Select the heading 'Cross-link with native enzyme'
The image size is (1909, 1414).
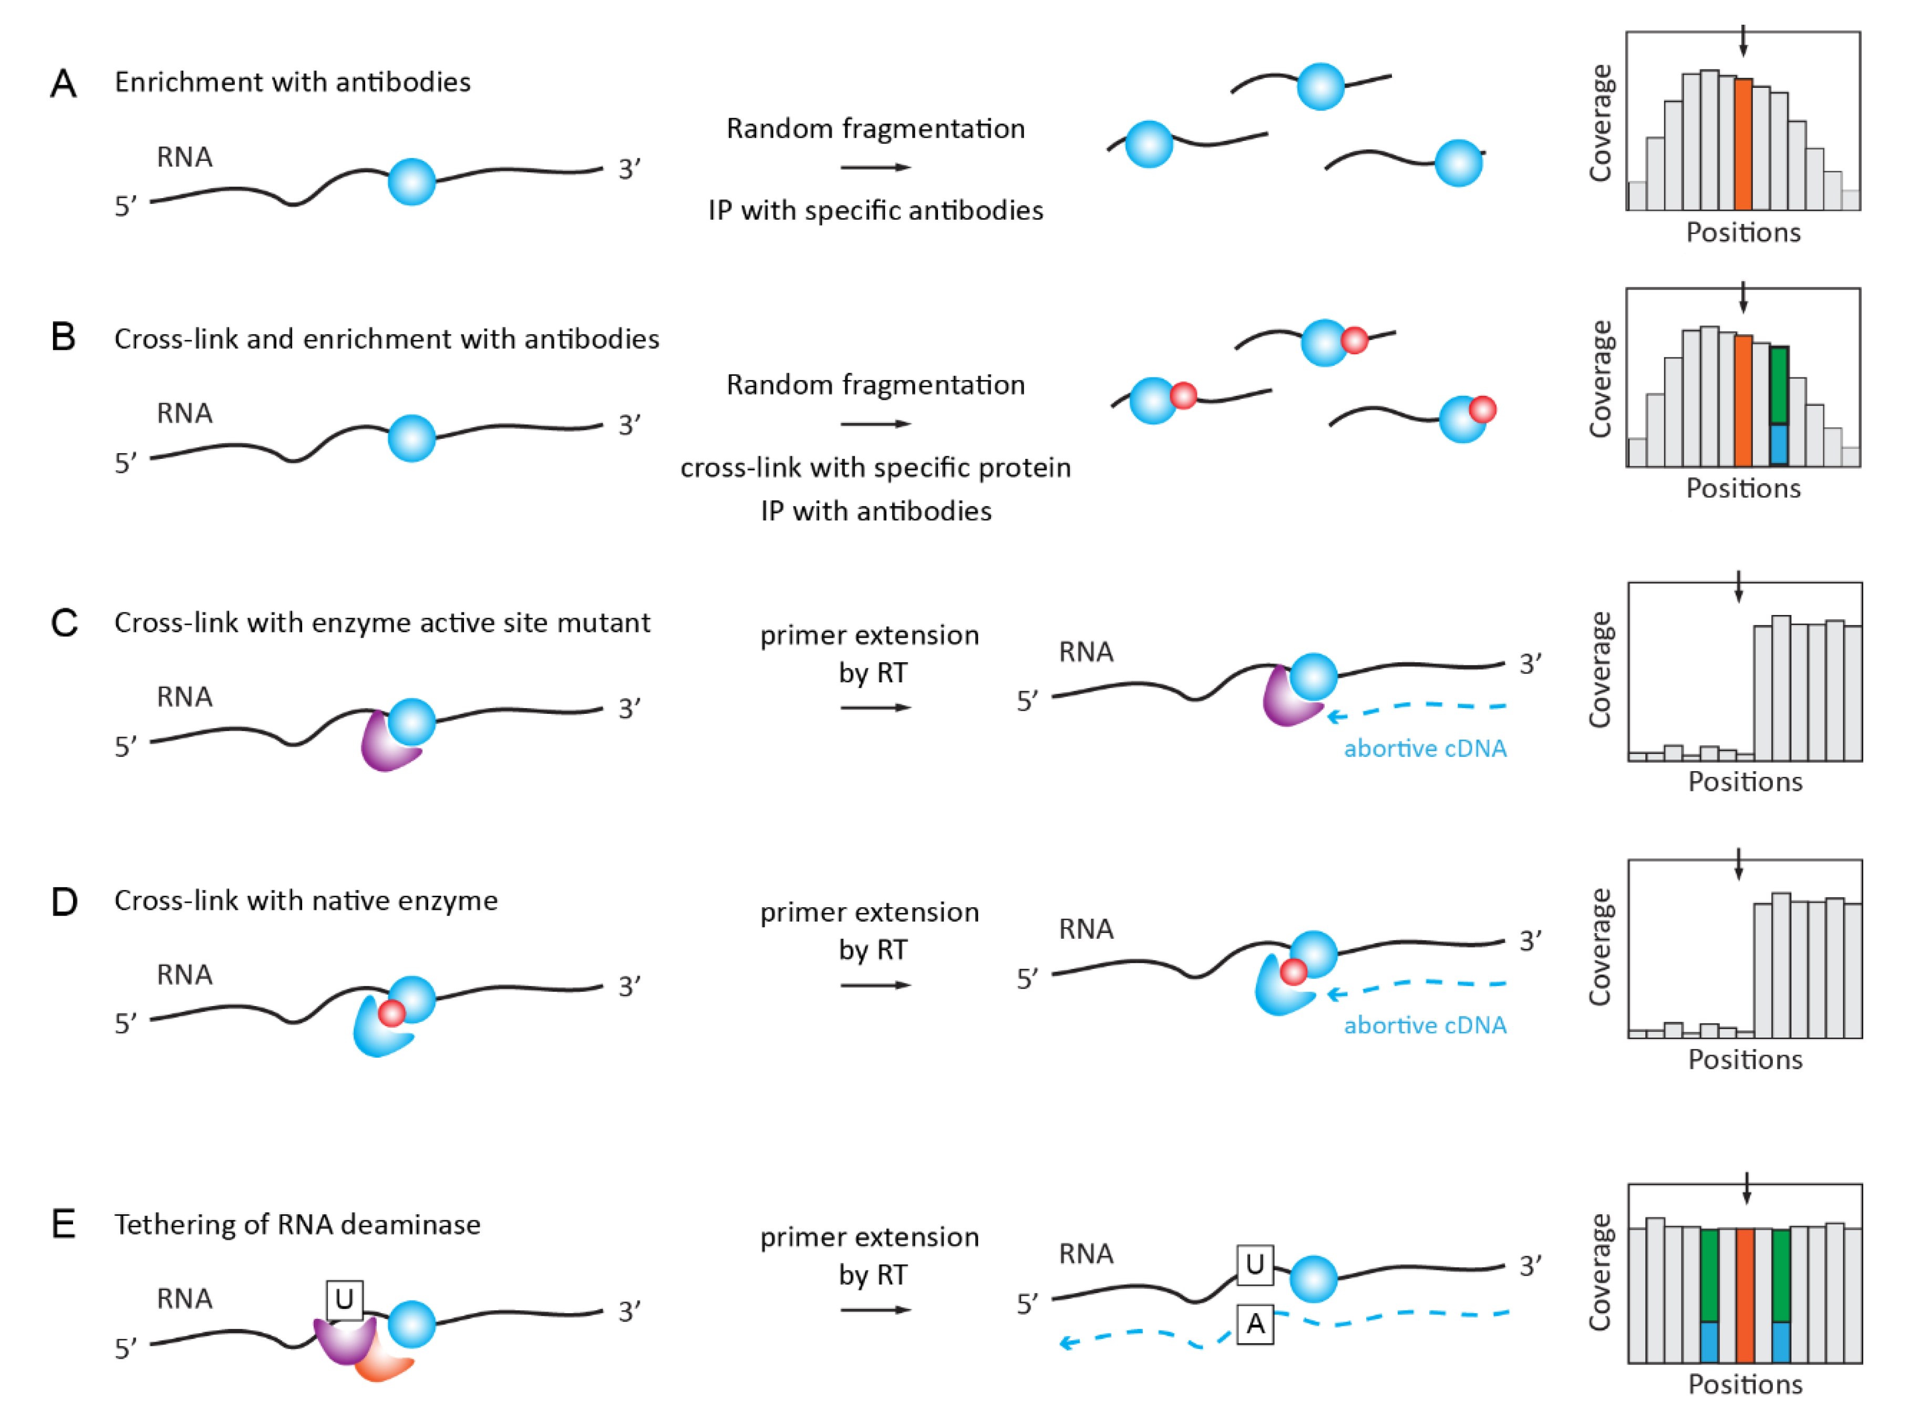point(305,900)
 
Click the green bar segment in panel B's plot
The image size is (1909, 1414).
point(1778,385)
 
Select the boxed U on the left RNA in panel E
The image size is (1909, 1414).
point(344,1299)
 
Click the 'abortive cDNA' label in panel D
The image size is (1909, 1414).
point(1425,1026)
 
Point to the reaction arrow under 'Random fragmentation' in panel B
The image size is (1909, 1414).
point(875,424)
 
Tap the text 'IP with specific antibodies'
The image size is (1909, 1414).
point(875,211)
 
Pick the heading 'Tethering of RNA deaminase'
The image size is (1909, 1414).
point(297,1225)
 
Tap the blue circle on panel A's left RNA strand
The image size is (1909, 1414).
point(411,181)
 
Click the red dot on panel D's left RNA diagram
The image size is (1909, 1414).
point(392,1013)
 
